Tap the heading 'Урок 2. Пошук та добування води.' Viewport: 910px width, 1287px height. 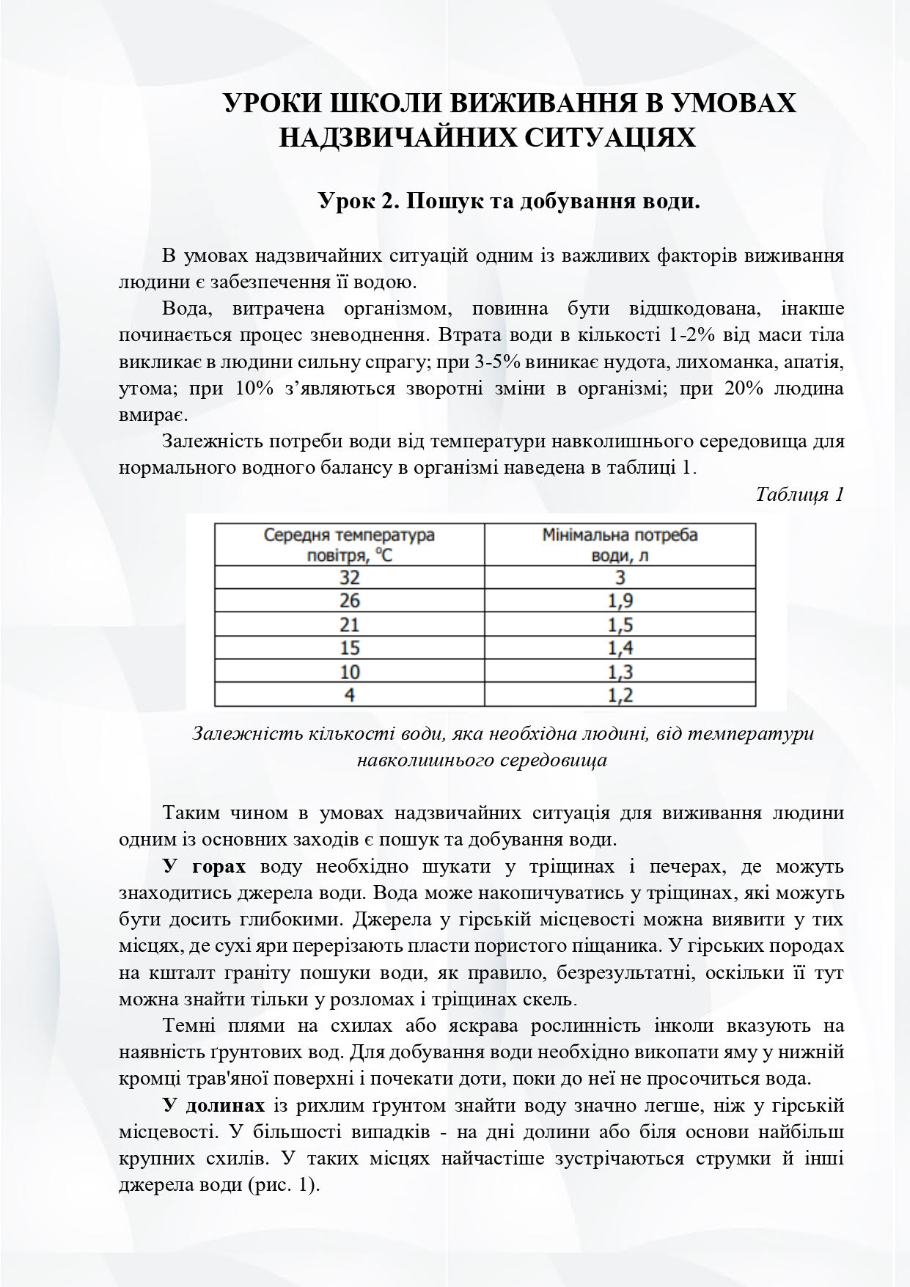[x=509, y=200]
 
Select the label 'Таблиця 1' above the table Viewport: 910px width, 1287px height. [x=799, y=494]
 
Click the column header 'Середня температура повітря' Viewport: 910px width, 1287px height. [x=349, y=544]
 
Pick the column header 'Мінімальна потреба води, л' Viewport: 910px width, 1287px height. [x=620, y=544]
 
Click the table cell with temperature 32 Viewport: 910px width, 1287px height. [x=349, y=576]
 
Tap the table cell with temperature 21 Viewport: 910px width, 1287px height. [x=349, y=624]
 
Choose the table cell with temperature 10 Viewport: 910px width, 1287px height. [x=349, y=671]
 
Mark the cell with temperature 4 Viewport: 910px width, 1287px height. [x=349, y=694]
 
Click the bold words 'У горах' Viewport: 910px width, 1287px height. [x=204, y=867]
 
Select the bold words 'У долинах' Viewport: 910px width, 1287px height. [x=213, y=1105]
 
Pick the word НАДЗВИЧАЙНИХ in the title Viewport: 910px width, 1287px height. [x=392, y=137]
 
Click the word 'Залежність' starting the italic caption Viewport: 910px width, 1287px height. [x=233, y=733]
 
